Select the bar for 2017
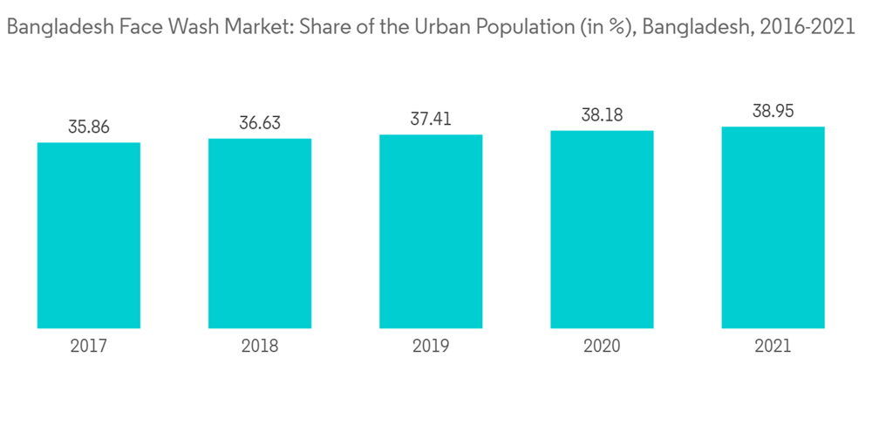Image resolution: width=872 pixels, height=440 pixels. click(x=89, y=235)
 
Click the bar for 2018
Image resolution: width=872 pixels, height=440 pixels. click(x=260, y=233)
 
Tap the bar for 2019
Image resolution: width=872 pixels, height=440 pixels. click(x=431, y=231)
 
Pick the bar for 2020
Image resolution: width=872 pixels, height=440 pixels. click(x=602, y=230)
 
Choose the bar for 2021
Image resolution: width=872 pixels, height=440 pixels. click(x=773, y=227)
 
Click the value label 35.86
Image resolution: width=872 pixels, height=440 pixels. click(x=89, y=127)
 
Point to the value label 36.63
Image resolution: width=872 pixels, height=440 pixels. click(x=260, y=123)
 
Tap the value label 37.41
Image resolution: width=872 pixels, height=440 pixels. click(x=431, y=120)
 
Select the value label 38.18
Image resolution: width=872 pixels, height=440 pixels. click(x=602, y=115)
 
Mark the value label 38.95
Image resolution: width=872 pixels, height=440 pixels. click(x=773, y=112)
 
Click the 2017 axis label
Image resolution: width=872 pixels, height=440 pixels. click(x=89, y=347)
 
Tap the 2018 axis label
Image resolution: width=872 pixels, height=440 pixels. click(x=260, y=347)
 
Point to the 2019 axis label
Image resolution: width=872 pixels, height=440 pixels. click(x=431, y=347)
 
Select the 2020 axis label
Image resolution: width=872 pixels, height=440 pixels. click(x=602, y=347)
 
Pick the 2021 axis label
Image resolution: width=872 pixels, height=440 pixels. click(x=773, y=347)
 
